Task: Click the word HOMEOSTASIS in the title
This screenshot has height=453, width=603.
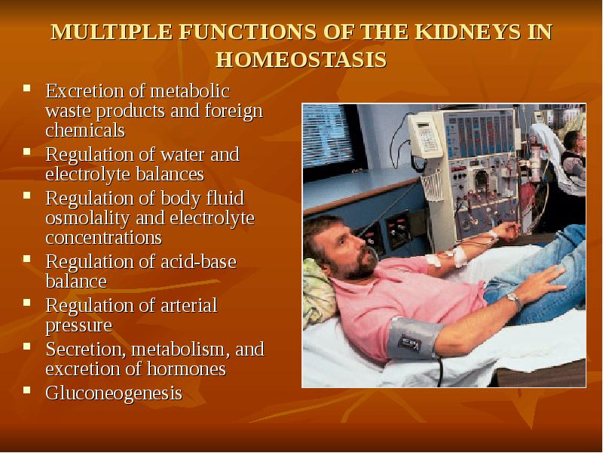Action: click(x=301, y=60)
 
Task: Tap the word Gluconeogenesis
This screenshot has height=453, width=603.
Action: click(x=114, y=393)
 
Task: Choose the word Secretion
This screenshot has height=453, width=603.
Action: click(x=82, y=349)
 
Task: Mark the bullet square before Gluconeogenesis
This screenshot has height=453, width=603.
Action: click(x=27, y=390)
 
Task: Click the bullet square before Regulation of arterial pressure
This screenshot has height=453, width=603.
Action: click(x=27, y=303)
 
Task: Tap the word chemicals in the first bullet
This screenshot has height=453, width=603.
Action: click(x=84, y=130)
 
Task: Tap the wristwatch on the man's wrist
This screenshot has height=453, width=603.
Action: click(x=513, y=300)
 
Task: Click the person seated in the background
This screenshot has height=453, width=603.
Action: click(x=573, y=155)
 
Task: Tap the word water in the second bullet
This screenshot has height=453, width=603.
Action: click(x=183, y=154)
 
